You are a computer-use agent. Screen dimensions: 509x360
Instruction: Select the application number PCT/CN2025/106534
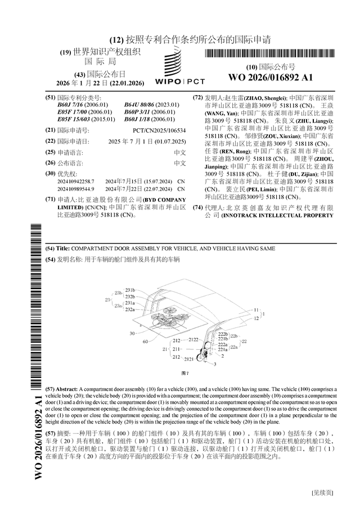click(159, 130)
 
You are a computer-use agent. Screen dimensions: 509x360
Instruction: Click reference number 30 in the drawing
click(132, 333)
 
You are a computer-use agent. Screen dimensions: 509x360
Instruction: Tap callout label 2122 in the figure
click(193, 340)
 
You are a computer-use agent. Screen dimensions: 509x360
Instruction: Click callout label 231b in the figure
click(130, 290)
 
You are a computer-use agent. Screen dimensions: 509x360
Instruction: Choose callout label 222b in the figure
click(223, 334)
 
